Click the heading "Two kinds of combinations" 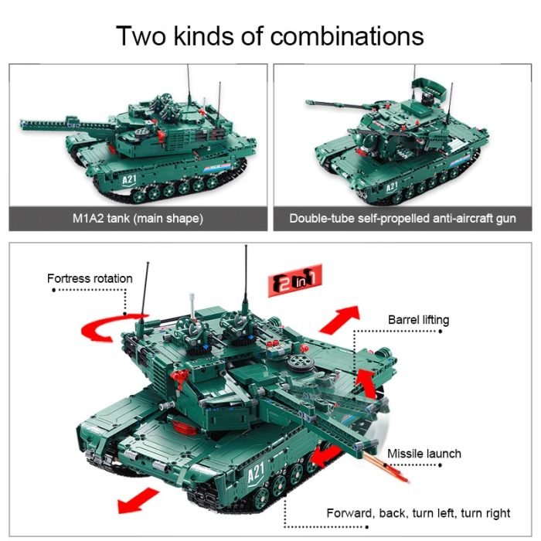270,36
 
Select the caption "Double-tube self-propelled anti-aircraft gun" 402,219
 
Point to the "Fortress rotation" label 90,278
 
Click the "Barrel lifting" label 418,320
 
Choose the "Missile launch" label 424,454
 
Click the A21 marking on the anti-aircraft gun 391,186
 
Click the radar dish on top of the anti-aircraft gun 427,83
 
